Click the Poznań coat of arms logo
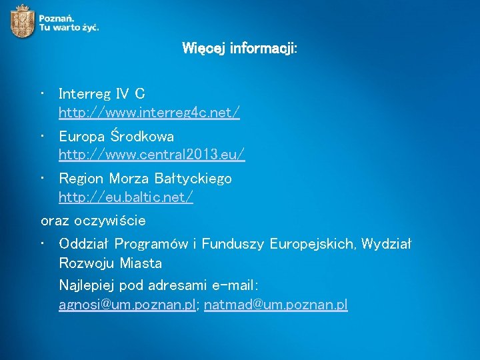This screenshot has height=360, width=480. pos(22,20)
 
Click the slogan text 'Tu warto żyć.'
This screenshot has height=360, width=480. pos(69,27)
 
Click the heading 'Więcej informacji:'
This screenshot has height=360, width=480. pos(239,49)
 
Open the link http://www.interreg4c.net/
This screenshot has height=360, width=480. pos(149,113)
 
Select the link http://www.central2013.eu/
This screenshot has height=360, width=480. pos(151,155)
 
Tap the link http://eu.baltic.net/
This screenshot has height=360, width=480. pos(126,197)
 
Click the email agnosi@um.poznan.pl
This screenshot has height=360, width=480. pos(127,305)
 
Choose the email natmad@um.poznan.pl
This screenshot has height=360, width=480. pos(275,305)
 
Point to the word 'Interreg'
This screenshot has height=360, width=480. pos(85,93)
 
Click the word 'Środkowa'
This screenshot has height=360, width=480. pos(142,136)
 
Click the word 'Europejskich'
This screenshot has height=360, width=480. pos(312,244)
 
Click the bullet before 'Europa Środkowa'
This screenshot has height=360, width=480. pos(43,136)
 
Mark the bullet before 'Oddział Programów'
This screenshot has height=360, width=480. pos(43,244)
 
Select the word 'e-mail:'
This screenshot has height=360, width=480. pos(235,285)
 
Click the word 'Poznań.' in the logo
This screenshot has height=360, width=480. pos(57,17)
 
